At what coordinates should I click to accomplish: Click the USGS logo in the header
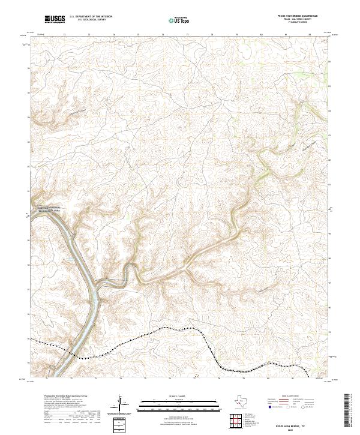point(55,20)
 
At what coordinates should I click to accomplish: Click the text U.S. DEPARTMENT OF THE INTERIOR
point(90,17)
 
